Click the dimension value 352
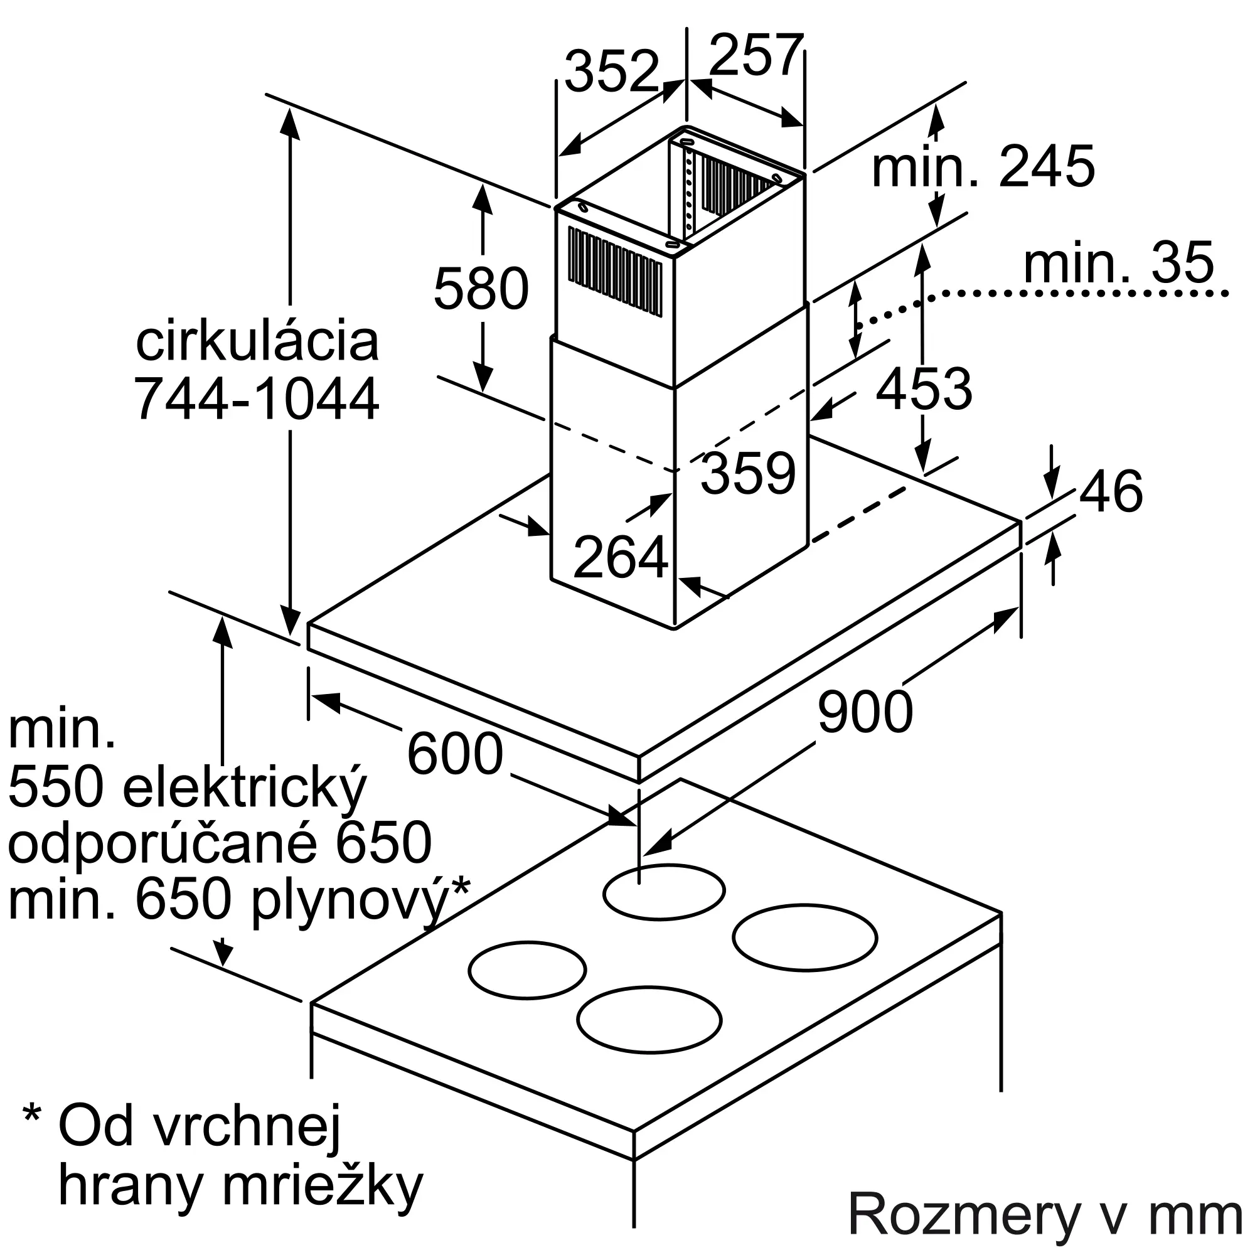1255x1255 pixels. point(611,72)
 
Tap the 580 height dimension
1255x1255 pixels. point(481,289)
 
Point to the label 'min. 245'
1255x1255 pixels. point(983,167)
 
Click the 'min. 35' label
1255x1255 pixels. point(1118,263)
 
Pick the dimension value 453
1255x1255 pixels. point(924,389)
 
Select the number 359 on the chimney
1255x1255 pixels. point(748,473)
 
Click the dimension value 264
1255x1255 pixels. point(621,557)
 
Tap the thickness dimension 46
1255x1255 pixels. point(1111,492)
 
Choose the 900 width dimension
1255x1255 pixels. point(865,712)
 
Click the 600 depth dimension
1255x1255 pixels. point(455,754)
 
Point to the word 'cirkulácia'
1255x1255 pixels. point(257,343)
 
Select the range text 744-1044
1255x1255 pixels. point(257,399)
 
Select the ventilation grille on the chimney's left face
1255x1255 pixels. point(614,273)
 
